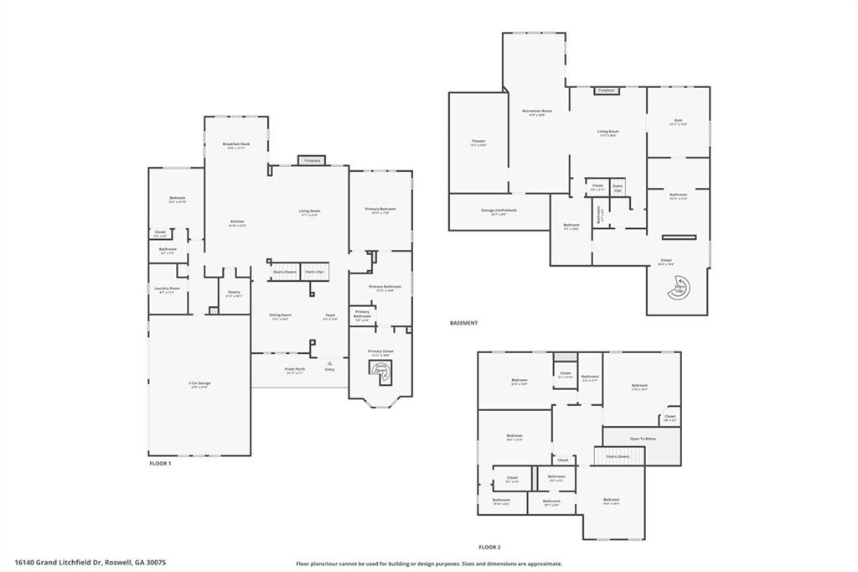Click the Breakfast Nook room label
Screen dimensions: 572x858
tap(236, 144)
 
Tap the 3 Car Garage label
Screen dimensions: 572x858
tap(199, 383)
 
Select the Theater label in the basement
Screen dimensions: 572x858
tap(478, 141)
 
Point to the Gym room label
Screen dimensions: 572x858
tap(678, 121)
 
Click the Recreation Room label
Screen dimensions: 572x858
tap(536, 111)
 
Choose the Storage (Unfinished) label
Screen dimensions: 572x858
tap(499, 210)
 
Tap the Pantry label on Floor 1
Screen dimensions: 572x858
tap(234, 292)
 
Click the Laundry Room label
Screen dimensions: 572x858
tap(168, 289)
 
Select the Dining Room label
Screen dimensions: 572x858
tap(280, 315)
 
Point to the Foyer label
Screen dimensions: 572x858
tap(330, 315)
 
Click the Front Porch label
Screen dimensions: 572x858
tap(295, 369)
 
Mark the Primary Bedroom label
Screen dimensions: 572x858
tap(380, 209)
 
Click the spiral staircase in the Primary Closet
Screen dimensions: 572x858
tap(380, 370)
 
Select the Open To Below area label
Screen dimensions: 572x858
tap(643, 438)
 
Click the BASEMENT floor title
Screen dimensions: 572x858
tap(463, 323)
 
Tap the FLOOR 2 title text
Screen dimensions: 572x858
tap(489, 545)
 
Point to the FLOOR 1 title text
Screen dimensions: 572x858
tap(159, 463)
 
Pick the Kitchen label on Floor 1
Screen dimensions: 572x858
tap(237, 221)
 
